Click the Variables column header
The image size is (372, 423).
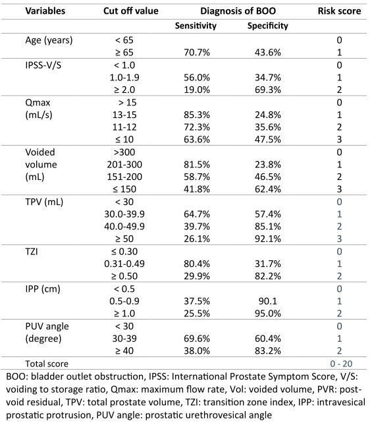pyautogui.click(x=45, y=11)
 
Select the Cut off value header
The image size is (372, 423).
pyautogui.click(x=131, y=11)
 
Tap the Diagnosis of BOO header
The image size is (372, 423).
pyautogui.click(x=238, y=11)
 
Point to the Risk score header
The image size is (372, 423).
pyautogui.click(x=339, y=11)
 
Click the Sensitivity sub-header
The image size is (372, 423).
pyautogui.click(x=196, y=26)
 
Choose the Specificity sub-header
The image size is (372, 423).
pyautogui.click(x=268, y=26)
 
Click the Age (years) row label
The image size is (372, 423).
pyautogui.click(x=49, y=40)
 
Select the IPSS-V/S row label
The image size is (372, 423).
pyautogui.click(x=43, y=65)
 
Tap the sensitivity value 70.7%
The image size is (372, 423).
pyautogui.click(x=197, y=52)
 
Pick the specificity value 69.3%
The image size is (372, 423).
pyautogui.click(x=268, y=90)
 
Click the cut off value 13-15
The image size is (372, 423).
pyautogui.click(x=124, y=115)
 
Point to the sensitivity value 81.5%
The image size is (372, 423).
pyautogui.click(x=197, y=164)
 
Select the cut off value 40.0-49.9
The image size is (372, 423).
pyautogui.click(x=124, y=226)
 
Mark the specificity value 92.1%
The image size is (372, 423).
pyautogui.click(x=268, y=239)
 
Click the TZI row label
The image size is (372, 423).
pyautogui.click(x=32, y=252)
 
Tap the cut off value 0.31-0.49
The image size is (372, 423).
pyautogui.click(x=124, y=264)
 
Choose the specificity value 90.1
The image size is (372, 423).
pyautogui.click(x=268, y=301)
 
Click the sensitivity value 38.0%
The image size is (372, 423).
pyautogui.click(x=197, y=351)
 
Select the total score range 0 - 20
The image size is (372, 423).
pyautogui.click(x=341, y=364)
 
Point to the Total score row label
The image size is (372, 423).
pyautogui.click(x=47, y=364)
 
